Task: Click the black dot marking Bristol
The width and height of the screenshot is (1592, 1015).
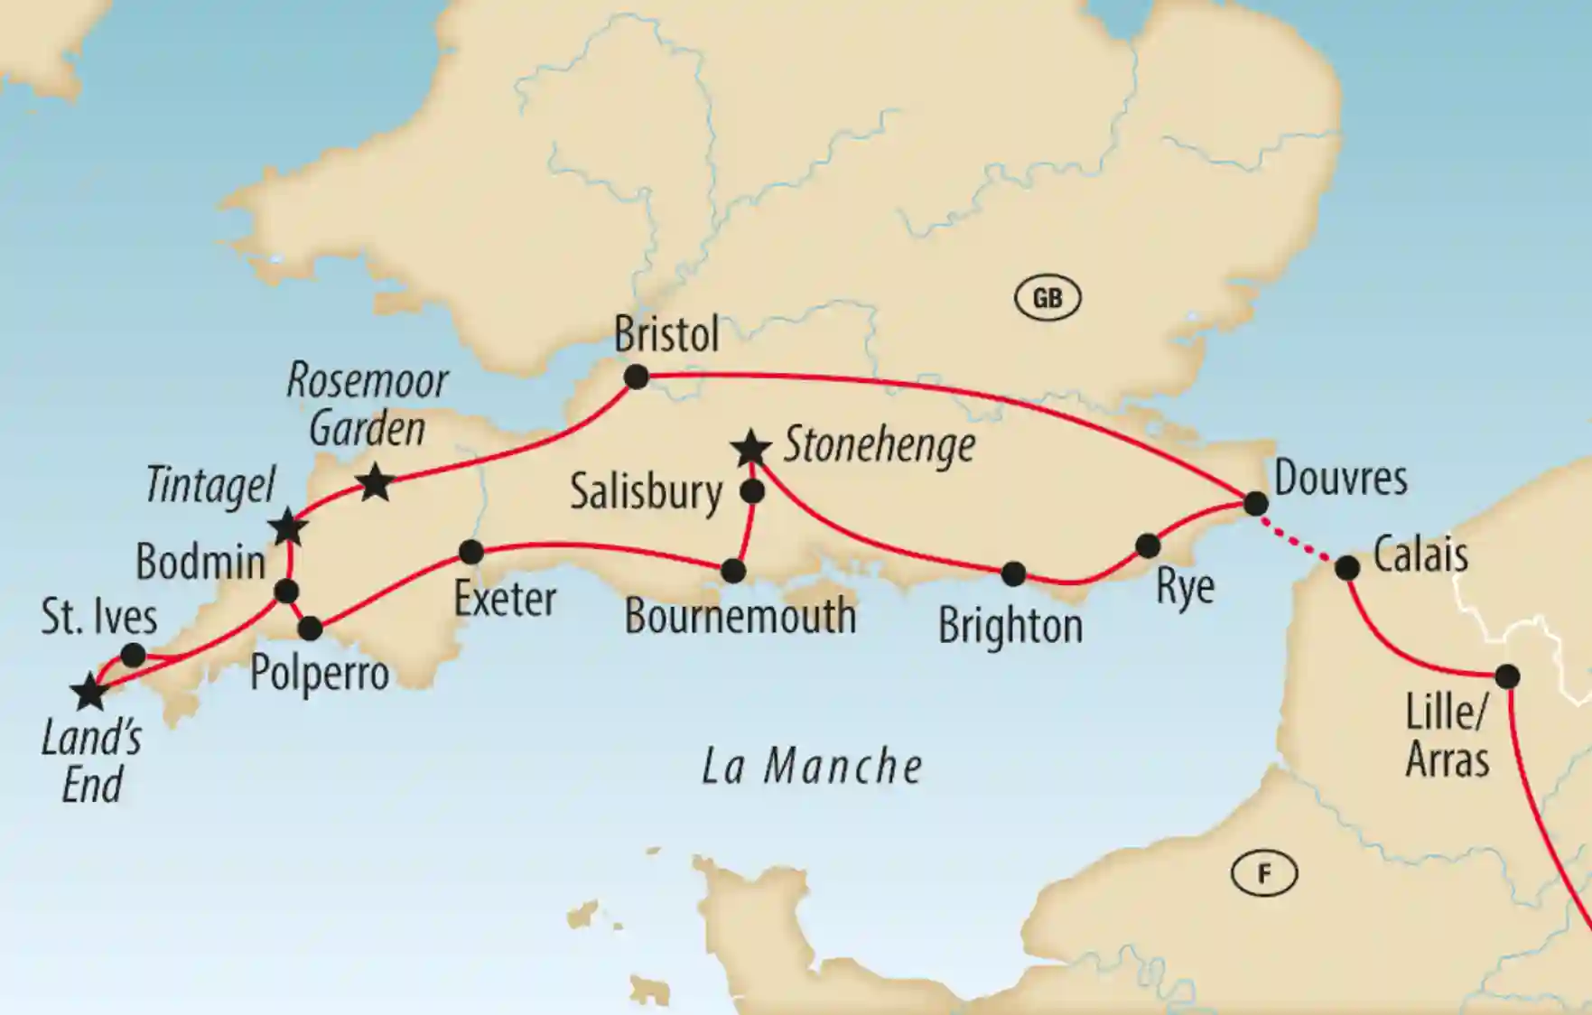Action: click(637, 377)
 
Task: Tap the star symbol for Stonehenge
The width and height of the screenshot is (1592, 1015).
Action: click(751, 448)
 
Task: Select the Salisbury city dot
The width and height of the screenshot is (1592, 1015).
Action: click(752, 492)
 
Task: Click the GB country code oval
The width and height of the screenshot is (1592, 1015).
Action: click(1047, 298)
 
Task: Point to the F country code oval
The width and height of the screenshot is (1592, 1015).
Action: click(1264, 873)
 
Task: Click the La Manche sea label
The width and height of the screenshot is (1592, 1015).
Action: click(812, 768)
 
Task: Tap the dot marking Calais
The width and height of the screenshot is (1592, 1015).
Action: click(1346, 568)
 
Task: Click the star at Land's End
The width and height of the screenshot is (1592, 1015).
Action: click(89, 693)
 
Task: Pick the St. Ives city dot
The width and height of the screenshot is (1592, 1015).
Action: click(134, 655)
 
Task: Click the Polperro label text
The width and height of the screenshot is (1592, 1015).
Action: click(319, 674)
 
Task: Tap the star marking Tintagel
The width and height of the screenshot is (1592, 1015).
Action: click(288, 526)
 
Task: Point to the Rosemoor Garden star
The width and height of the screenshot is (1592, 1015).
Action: click(376, 482)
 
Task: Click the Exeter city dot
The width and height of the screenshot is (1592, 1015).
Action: click(471, 552)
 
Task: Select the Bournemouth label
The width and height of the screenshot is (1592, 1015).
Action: click(740, 617)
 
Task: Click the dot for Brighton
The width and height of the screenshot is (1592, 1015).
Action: click(1013, 573)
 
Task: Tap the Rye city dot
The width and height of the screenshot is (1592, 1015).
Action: click(1148, 545)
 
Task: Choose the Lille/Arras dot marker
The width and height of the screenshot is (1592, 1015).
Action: click(1507, 676)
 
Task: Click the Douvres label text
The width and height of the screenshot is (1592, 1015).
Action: click(1340, 479)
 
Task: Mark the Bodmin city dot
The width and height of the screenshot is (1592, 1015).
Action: click(286, 591)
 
